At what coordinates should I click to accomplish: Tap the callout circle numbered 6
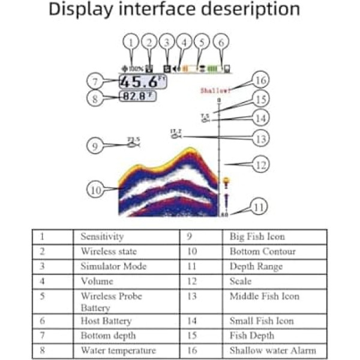(222, 42)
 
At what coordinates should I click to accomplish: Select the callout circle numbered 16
(259, 80)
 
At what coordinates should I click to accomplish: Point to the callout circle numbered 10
(95, 190)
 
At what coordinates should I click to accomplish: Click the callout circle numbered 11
(259, 208)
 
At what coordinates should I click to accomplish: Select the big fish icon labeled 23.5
(133, 143)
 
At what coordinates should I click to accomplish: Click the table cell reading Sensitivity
(102, 237)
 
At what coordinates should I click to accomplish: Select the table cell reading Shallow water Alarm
(272, 350)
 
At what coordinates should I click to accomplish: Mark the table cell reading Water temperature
(118, 350)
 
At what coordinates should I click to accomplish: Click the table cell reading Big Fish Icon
(257, 237)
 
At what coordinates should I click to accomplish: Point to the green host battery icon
(215, 68)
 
